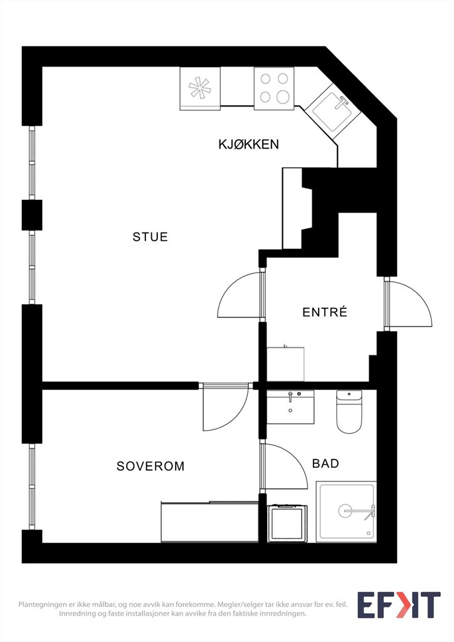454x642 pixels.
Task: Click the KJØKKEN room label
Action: click(x=248, y=144)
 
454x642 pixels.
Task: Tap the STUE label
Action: click(x=150, y=236)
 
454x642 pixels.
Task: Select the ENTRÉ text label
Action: click(x=325, y=312)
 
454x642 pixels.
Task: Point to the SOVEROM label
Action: click(x=150, y=466)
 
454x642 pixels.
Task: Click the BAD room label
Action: click(x=325, y=463)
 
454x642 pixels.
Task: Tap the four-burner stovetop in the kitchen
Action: click(x=274, y=88)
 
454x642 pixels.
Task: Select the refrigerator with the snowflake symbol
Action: click(x=200, y=88)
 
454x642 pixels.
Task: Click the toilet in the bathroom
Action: click(x=349, y=411)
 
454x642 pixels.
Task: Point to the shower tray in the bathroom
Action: click(x=346, y=512)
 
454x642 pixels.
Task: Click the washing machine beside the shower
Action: click(x=287, y=524)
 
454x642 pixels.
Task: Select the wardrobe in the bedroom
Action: click(x=209, y=522)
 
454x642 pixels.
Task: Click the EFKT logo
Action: click(x=399, y=605)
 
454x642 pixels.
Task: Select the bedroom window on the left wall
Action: click(x=32, y=487)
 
